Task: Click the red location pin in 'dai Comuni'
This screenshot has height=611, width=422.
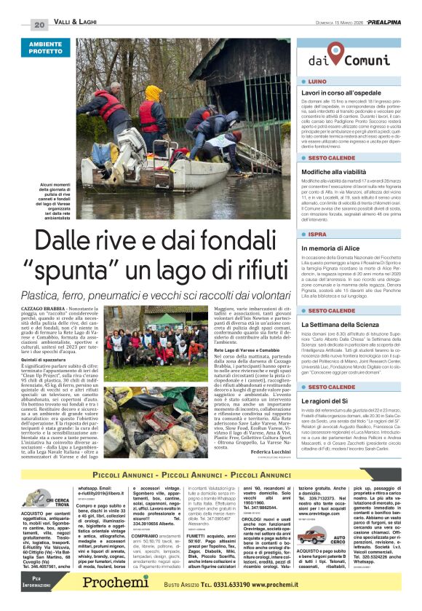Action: [x=335, y=52]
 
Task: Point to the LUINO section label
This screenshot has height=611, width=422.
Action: [x=317, y=82]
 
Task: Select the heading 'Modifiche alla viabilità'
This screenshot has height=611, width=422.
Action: [x=333, y=170]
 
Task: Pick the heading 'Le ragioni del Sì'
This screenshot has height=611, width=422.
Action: [x=327, y=401]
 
